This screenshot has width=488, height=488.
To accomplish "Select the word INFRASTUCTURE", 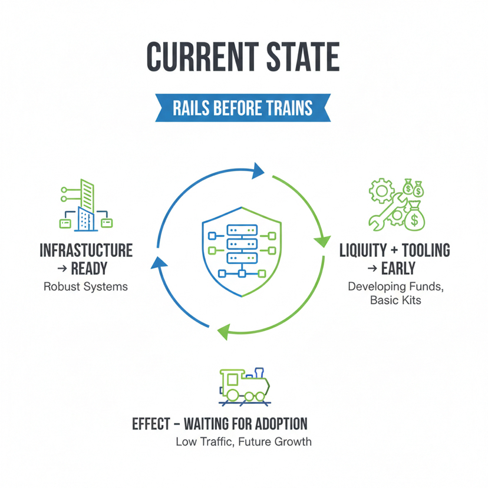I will [x=86, y=250].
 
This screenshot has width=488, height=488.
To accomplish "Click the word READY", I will [x=88, y=269].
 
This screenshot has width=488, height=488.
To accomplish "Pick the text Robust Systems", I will [x=85, y=287].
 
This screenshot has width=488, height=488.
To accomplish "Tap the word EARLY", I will [x=399, y=269].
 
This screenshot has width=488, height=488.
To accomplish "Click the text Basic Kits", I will [x=395, y=301].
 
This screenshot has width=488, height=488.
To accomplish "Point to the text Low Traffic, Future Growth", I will [x=243, y=441].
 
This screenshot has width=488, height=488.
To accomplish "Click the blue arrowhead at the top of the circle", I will [x=259, y=171].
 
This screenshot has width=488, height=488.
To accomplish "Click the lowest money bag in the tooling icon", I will [x=414, y=217].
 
